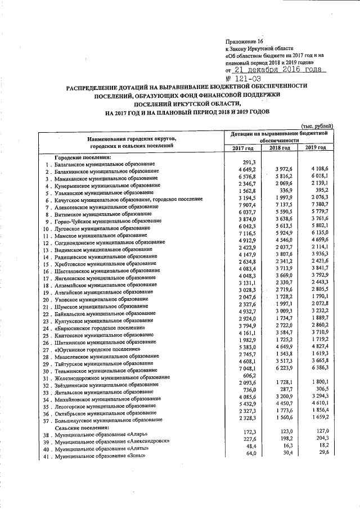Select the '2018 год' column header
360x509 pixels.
tap(279, 147)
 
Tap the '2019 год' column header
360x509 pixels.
tap(315, 147)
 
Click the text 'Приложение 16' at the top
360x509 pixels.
tap(244, 42)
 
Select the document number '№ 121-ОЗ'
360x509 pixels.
tap(245, 79)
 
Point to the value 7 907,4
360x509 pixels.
tap(246, 206)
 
